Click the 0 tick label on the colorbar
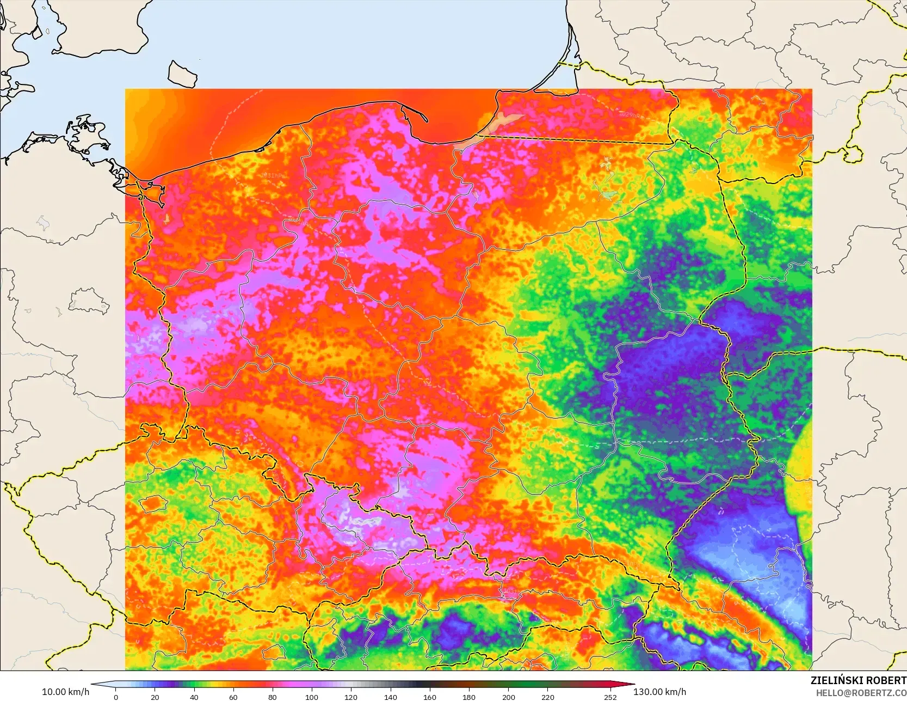[x=116, y=697]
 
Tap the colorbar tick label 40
[x=194, y=697]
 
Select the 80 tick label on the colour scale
[x=273, y=697]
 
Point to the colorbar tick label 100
[x=312, y=697]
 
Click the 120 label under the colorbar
[x=351, y=697]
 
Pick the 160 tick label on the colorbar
[x=430, y=697]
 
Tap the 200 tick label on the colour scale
[x=508, y=697]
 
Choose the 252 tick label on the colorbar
[x=610, y=697]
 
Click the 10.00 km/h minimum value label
[x=65, y=692]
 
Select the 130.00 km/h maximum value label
[x=659, y=692]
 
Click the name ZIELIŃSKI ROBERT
[x=858, y=680]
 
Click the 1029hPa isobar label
[x=631, y=115]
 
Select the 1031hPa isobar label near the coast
[x=273, y=175]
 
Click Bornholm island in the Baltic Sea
[x=182, y=74]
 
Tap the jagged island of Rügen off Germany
[x=87, y=136]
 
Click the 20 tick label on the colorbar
[x=155, y=697]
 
